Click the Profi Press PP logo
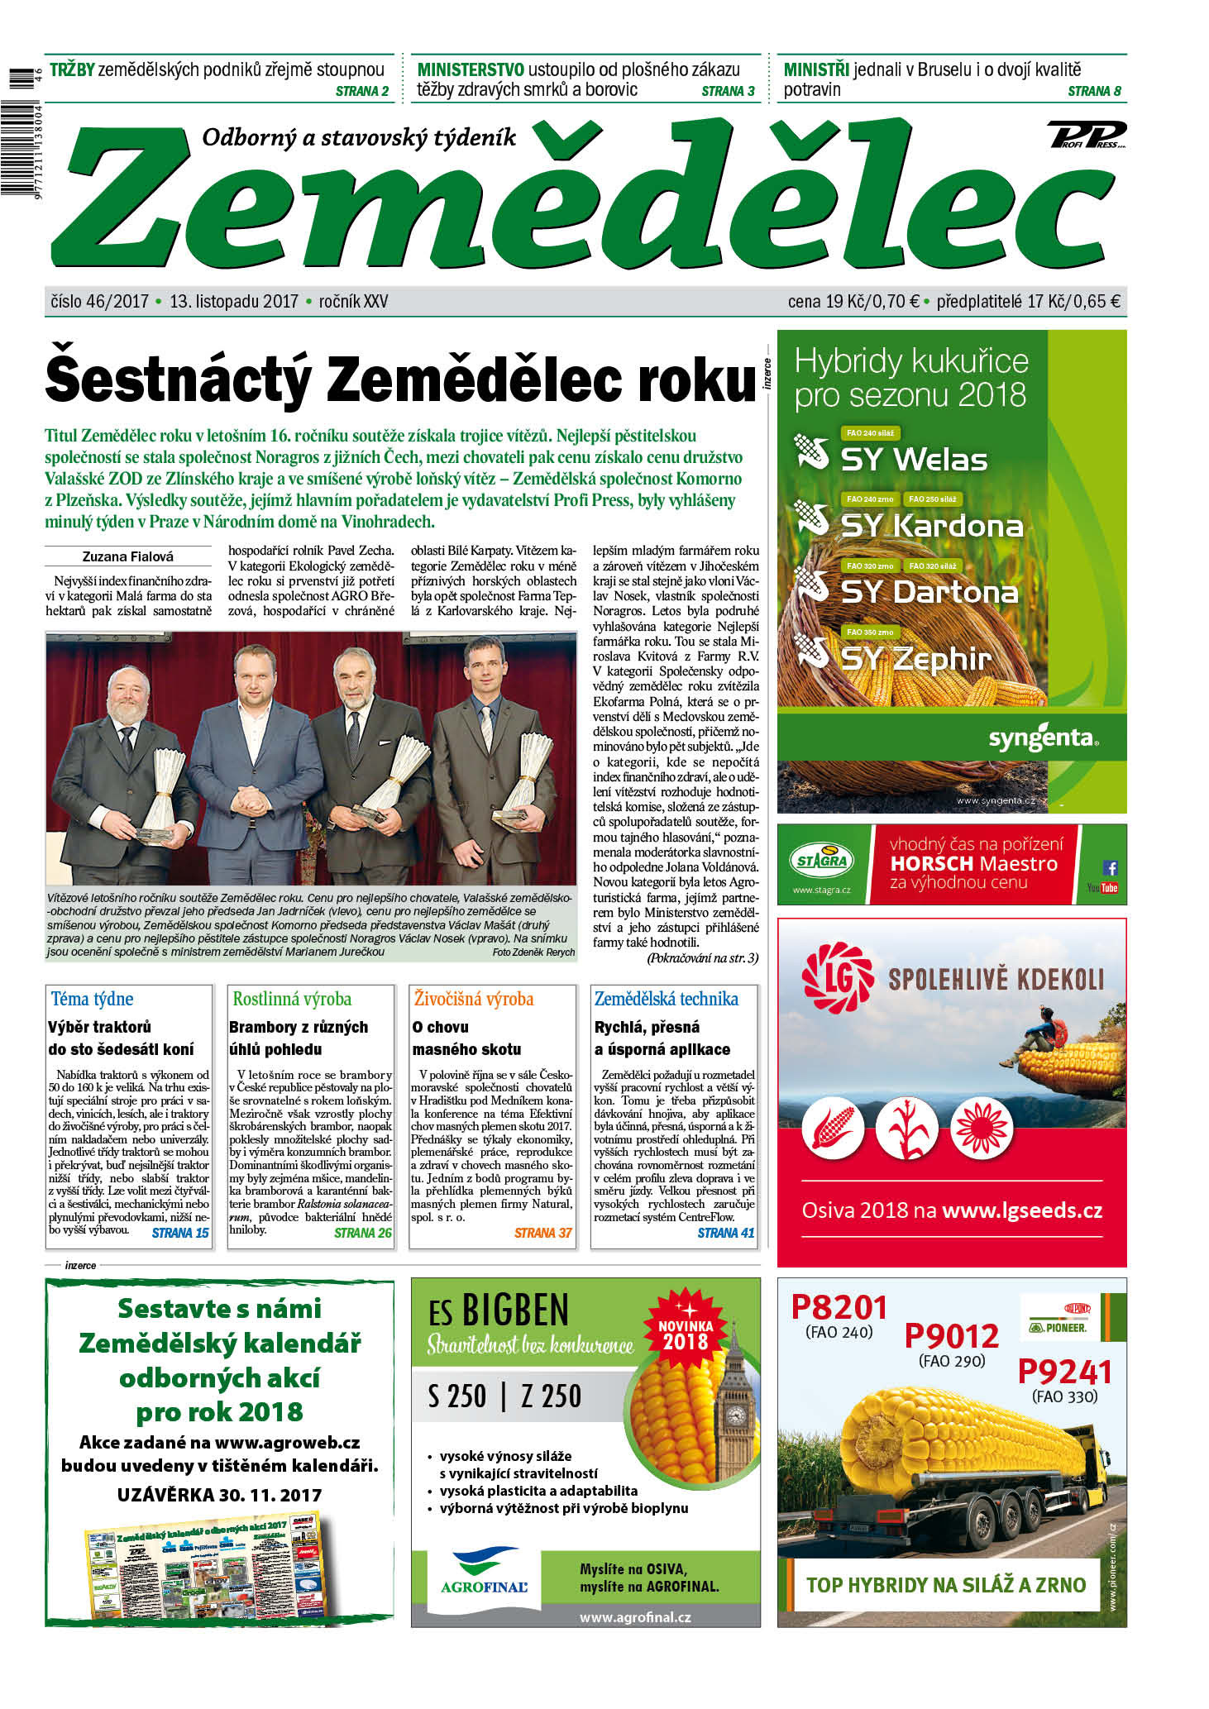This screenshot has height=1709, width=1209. tap(1087, 135)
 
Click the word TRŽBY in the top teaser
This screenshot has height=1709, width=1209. tap(72, 70)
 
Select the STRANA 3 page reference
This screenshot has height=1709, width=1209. tap(728, 92)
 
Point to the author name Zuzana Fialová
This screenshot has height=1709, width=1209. tap(128, 556)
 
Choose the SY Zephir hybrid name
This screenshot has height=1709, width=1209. tap(915, 659)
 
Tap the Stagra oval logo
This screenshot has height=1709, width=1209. tap(821, 860)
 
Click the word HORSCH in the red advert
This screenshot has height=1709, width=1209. tap(931, 864)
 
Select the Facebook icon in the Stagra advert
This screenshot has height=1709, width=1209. tap(1110, 867)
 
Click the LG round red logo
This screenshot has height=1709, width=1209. tap(837, 979)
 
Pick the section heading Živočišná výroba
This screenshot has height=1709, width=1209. tap(474, 999)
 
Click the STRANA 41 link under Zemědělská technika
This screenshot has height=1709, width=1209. tap(725, 1233)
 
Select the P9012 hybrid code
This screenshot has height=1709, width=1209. tap(951, 1336)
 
